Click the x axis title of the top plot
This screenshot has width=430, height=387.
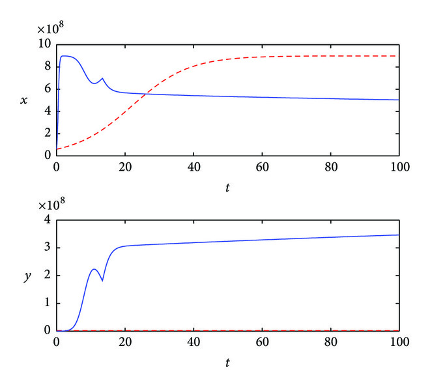click(x=24, y=100)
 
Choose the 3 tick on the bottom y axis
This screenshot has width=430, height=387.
click(x=47, y=248)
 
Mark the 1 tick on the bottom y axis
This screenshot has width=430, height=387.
click(x=47, y=303)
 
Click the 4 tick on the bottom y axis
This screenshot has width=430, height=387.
click(x=47, y=220)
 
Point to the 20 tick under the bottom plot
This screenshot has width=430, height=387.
click(x=125, y=342)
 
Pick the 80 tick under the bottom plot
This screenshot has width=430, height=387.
click(x=330, y=342)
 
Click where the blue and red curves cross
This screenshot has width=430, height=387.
click(x=147, y=94)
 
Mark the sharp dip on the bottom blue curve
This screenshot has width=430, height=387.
click(x=102, y=281)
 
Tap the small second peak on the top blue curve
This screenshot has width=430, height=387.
click(x=102, y=79)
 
